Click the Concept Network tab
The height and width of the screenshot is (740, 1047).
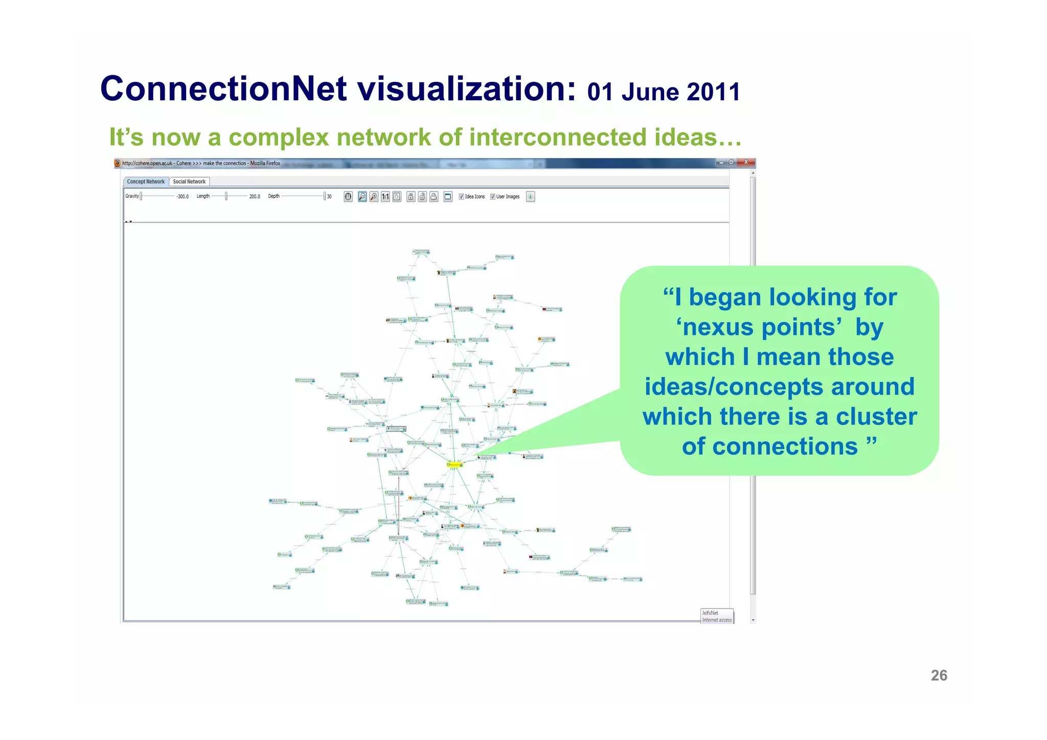tap(146, 182)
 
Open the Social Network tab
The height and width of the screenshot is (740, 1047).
tap(189, 182)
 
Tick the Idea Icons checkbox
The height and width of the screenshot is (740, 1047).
tap(461, 196)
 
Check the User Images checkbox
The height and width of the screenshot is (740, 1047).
tap(492, 196)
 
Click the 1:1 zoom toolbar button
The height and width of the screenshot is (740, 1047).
tap(385, 196)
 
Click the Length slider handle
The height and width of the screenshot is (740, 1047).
tap(226, 196)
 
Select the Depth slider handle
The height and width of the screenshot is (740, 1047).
tap(324, 196)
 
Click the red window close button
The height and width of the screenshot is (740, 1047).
tap(746, 162)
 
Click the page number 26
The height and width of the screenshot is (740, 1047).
tap(939, 675)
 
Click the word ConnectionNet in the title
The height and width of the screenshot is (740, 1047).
tap(224, 88)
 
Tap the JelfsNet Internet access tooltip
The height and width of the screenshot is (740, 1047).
tap(717, 616)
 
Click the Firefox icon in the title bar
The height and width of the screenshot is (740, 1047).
tap(118, 163)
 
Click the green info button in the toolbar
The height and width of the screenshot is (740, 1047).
tap(530, 196)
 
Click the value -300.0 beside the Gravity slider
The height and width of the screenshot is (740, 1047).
tap(183, 196)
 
